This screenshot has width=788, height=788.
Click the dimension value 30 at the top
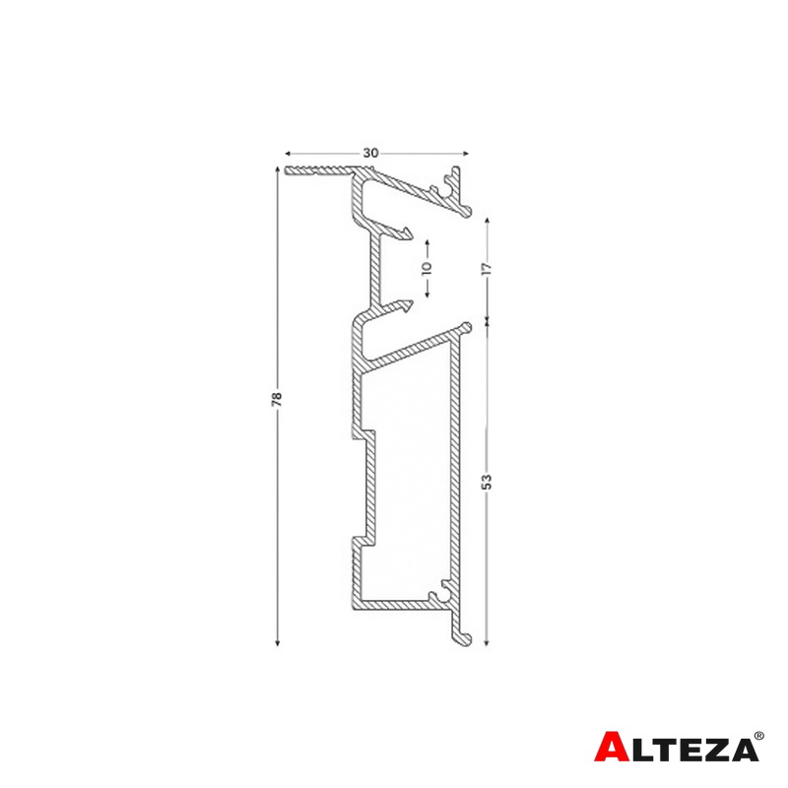click(x=370, y=153)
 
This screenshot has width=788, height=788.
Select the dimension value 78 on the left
click(x=277, y=399)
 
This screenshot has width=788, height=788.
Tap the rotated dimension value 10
click(x=427, y=268)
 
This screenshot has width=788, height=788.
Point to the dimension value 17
click(x=487, y=268)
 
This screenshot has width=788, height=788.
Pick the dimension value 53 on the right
click(x=487, y=482)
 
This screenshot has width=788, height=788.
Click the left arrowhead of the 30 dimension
click(x=288, y=154)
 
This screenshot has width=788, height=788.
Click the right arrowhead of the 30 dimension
click(x=465, y=154)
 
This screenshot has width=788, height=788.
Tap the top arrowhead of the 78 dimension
click(x=277, y=169)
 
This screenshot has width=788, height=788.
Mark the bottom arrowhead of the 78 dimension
click(x=277, y=642)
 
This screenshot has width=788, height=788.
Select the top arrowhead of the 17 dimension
click(x=487, y=221)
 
